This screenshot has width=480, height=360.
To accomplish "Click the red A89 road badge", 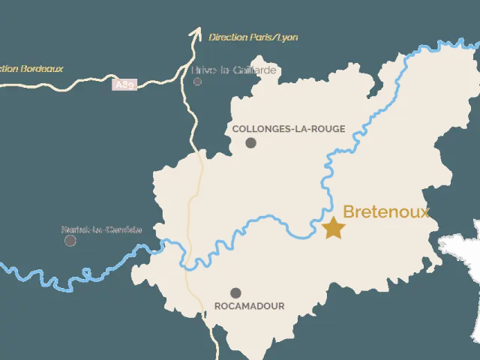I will click(x=125, y=85).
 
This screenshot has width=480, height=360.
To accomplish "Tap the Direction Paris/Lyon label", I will click(x=253, y=37).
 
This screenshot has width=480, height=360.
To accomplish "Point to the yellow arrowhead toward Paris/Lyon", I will click(x=196, y=32).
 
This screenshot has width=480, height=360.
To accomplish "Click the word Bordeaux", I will click(x=43, y=69).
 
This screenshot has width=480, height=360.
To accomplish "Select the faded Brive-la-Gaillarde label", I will click(x=234, y=70).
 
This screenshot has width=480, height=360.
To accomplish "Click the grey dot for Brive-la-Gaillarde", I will click(x=197, y=81).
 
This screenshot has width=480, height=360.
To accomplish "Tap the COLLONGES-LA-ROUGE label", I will click(x=289, y=129).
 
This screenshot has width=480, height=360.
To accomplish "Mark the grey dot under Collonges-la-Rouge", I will click(x=250, y=142).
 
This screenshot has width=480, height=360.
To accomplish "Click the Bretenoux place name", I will click(x=385, y=212).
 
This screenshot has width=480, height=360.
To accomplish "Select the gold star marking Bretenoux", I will click(x=333, y=228).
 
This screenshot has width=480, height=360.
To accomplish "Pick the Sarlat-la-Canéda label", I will click(x=101, y=229).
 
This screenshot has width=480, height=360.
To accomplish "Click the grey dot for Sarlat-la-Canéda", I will click(x=70, y=241).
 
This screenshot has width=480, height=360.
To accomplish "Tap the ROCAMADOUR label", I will click(x=249, y=306).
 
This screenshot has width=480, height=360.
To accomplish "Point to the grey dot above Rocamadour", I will click(x=235, y=292).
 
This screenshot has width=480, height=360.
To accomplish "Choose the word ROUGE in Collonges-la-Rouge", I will click(x=328, y=129).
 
